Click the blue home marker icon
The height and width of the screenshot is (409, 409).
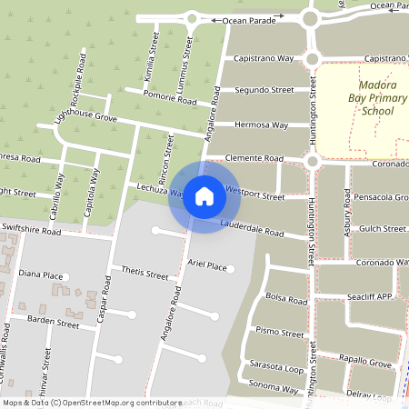204,195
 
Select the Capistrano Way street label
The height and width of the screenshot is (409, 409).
264,57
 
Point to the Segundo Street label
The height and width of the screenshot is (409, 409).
264,91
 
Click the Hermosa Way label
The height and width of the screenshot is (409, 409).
261,125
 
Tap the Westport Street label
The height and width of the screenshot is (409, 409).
254,195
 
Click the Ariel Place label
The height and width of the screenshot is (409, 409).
206,265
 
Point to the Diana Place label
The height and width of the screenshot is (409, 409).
40,274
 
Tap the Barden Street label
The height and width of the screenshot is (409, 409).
54,321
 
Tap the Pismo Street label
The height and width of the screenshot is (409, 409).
280,333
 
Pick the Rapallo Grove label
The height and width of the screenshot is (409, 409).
367,363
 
